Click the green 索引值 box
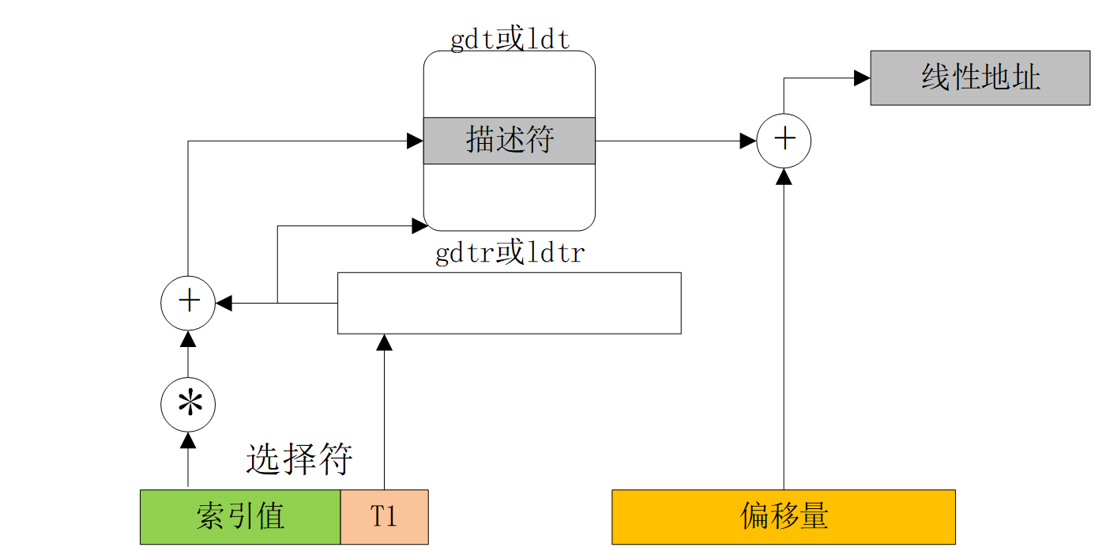(x=240, y=517)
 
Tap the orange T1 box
(x=385, y=517)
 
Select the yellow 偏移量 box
(x=784, y=517)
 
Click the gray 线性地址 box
(x=980, y=77)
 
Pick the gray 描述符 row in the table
(x=510, y=141)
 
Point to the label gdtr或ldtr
(x=510, y=254)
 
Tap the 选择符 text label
(x=299, y=459)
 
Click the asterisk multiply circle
(x=188, y=405)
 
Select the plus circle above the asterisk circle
(x=188, y=302)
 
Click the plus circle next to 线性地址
(x=784, y=141)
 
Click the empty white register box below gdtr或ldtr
(x=510, y=303)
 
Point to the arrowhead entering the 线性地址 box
(x=862, y=77)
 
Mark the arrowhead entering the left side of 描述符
(x=415, y=141)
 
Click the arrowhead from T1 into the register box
(x=385, y=342)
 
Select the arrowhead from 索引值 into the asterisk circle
(x=188, y=440)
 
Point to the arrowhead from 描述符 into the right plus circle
(x=748, y=141)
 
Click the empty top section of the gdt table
(x=510, y=85)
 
